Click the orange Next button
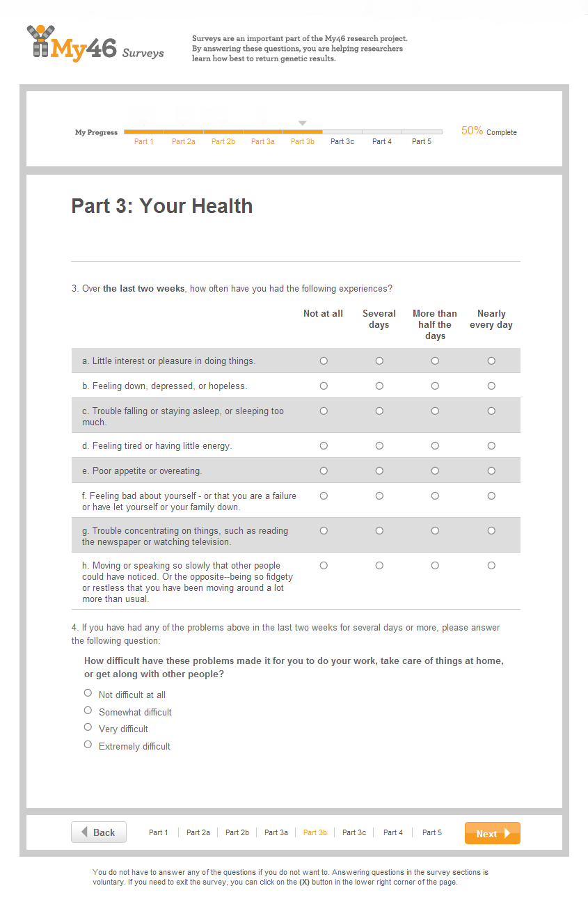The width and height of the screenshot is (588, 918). (x=492, y=833)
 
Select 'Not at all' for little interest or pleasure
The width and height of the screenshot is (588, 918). (x=324, y=361)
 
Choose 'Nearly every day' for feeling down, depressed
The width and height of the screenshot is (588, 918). (x=491, y=386)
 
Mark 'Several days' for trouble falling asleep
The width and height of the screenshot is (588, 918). (x=379, y=411)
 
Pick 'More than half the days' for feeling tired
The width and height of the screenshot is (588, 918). (x=435, y=445)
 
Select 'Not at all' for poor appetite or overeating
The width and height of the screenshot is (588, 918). (x=324, y=470)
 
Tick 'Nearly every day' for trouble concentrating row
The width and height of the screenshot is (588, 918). (x=491, y=530)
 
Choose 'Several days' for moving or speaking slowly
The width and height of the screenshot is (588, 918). (x=379, y=565)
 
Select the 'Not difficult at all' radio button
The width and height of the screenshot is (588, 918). (x=88, y=693)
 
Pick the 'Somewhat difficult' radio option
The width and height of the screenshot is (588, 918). (x=88, y=710)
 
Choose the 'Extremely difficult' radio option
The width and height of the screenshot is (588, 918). (x=88, y=744)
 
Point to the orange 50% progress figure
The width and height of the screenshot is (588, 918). (x=472, y=131)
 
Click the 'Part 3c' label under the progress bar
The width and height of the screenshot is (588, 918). (x=342, y=142)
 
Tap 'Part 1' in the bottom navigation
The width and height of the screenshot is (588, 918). (x=159, y=832)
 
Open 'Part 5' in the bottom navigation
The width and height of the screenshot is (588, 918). (x=432, y=832)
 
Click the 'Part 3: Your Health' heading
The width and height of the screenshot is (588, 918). (x=162, y=206)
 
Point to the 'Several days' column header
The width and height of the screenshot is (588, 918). (x=379, y=319)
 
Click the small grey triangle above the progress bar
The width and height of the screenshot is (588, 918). (x=302, y=123)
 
